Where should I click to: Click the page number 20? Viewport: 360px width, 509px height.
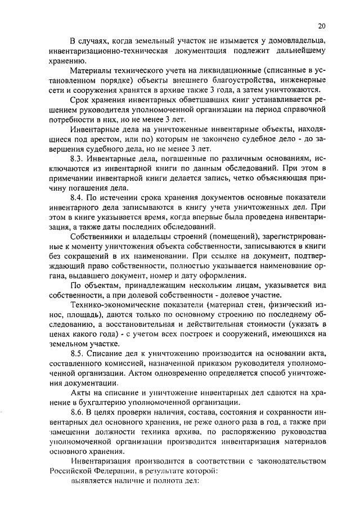pos(321,25)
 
